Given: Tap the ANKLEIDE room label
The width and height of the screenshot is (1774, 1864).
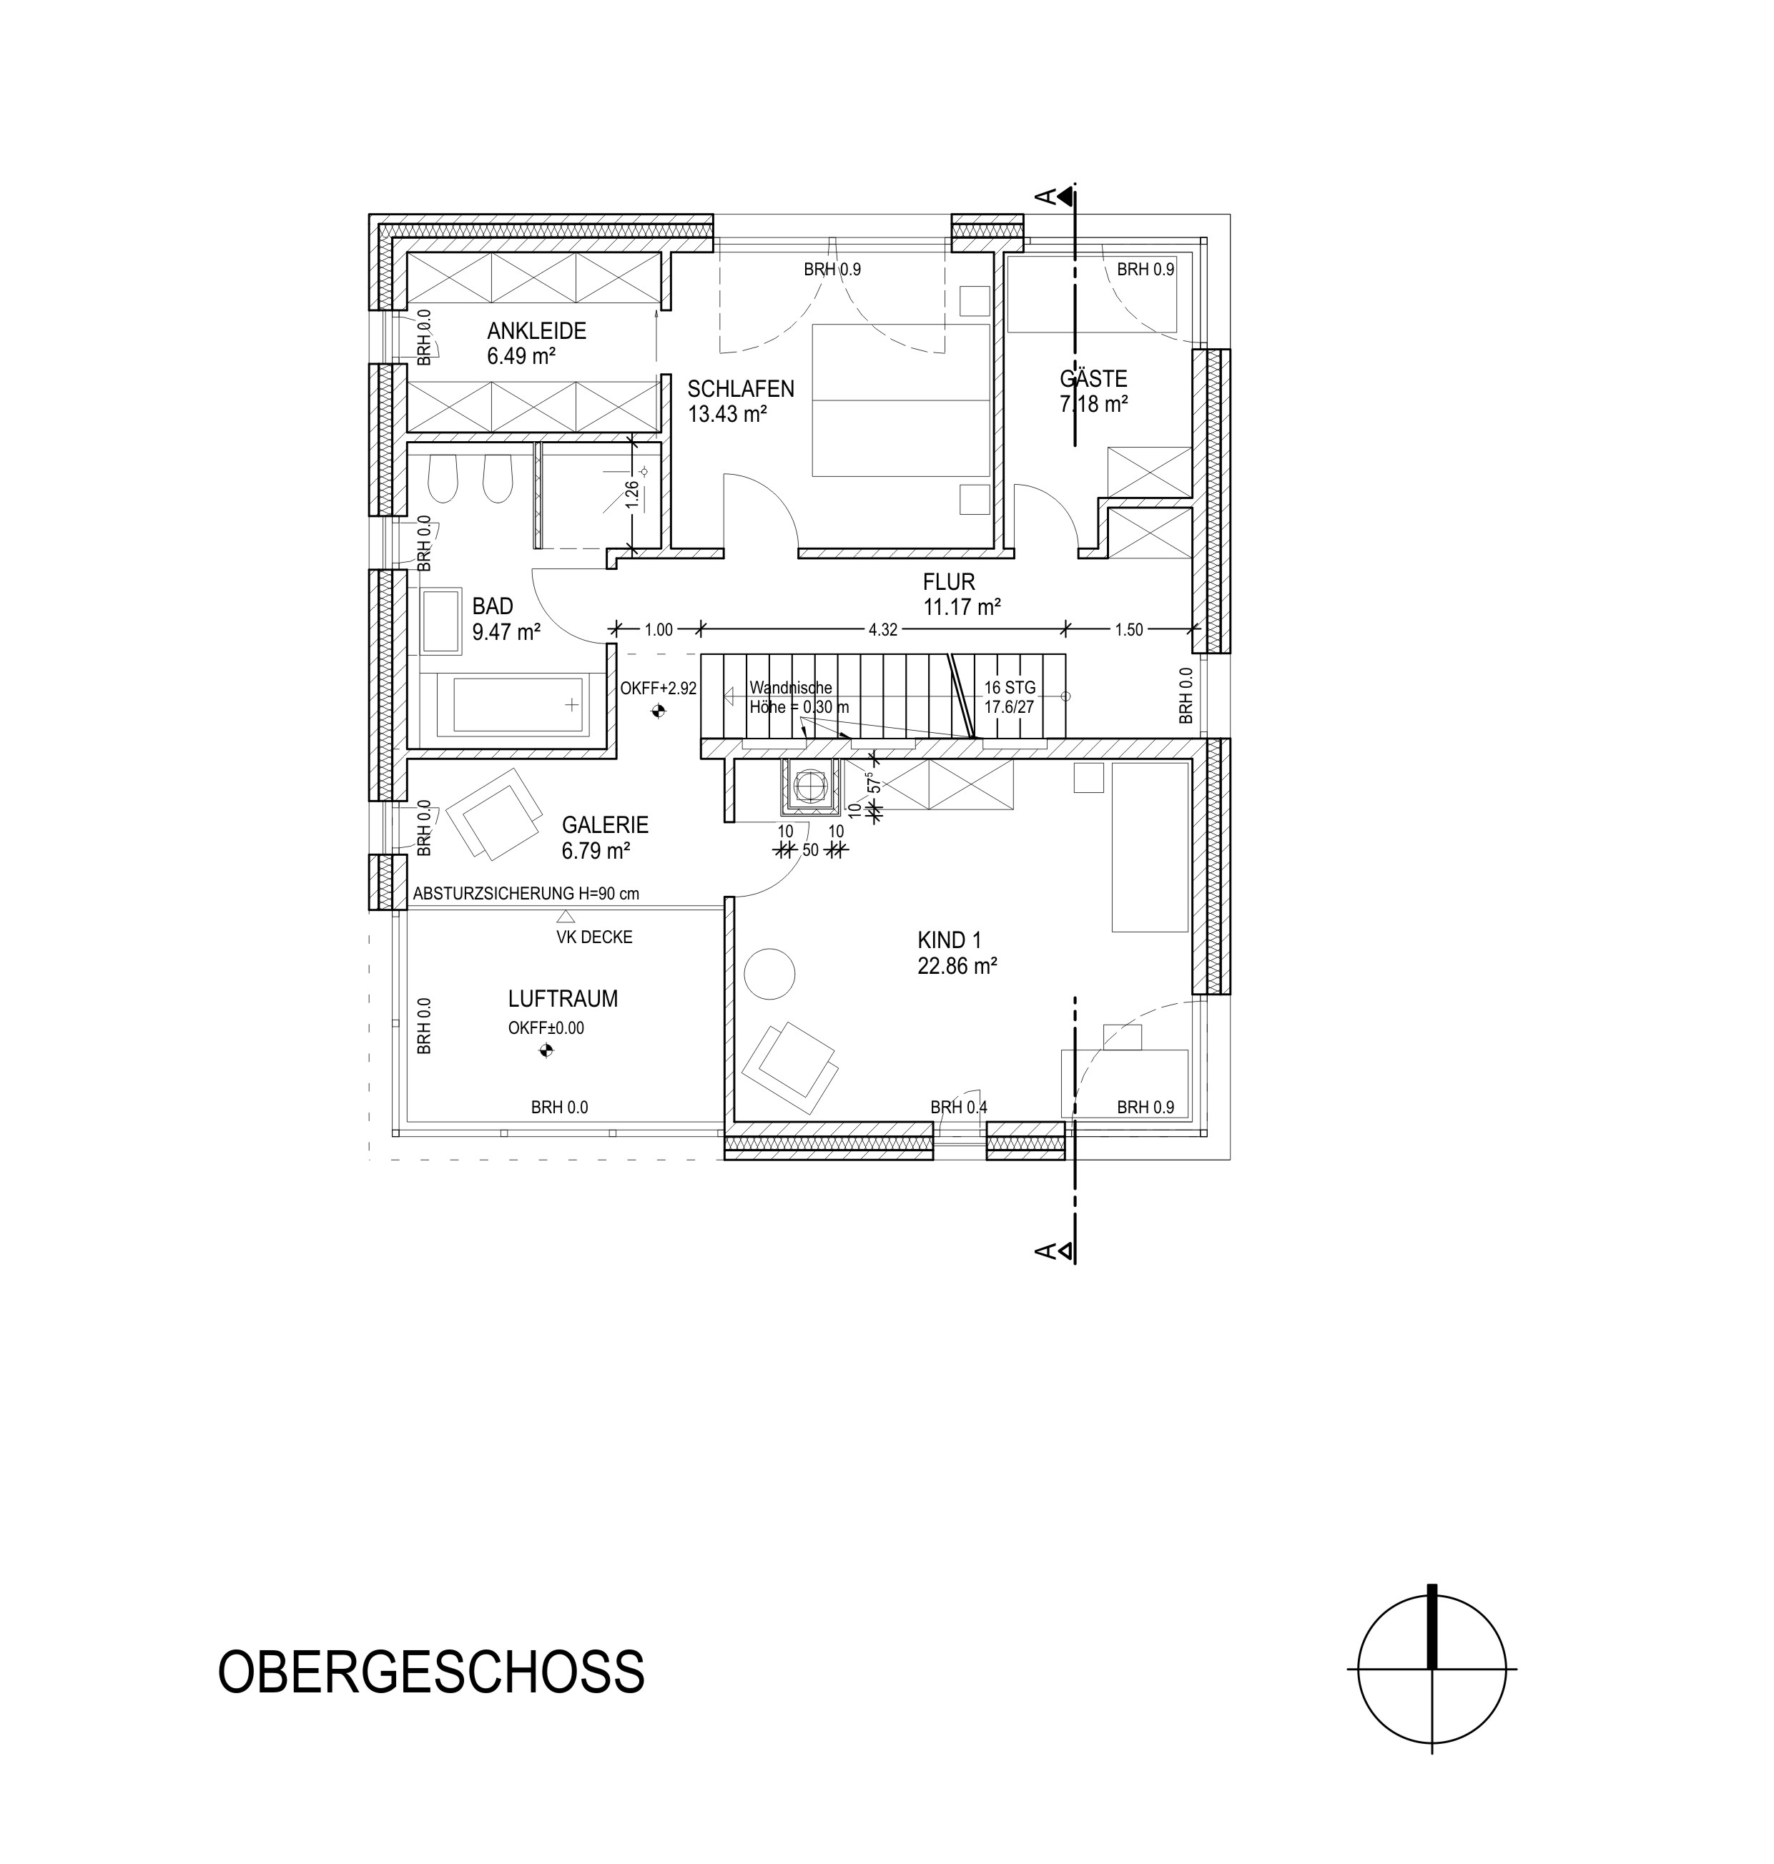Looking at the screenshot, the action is point(536,331).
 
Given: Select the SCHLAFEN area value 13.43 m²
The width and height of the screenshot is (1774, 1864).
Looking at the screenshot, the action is point(727,413).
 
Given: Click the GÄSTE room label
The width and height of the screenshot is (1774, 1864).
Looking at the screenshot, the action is point(1093,378).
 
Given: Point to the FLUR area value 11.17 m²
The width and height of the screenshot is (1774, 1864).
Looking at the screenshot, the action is point(962,607).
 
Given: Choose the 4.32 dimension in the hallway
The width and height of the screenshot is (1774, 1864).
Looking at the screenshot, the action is point(882,630).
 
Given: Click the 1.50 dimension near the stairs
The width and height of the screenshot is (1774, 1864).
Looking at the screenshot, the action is point(1129,630).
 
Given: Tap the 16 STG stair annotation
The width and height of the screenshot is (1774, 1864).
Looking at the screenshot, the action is point(1010,688).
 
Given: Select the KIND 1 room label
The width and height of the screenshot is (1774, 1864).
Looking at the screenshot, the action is point(950,940).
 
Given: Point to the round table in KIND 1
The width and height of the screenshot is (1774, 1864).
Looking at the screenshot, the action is point(770,973).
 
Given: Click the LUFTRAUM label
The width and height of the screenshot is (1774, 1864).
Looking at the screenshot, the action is point(563,999).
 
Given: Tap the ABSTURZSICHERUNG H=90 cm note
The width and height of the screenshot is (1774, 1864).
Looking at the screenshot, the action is point(526,893).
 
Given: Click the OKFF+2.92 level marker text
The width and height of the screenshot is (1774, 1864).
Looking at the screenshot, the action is point(658,689).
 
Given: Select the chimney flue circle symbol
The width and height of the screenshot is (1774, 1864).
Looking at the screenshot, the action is point(809,785).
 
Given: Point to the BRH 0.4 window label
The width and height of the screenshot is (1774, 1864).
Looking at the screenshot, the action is point(959,1107).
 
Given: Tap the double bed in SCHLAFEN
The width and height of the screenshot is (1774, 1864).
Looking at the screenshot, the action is point(900,400).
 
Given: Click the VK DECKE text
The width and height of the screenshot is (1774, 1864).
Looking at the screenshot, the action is point(594,937).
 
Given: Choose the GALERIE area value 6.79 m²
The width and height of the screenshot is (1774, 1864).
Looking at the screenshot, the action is point(596,850).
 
